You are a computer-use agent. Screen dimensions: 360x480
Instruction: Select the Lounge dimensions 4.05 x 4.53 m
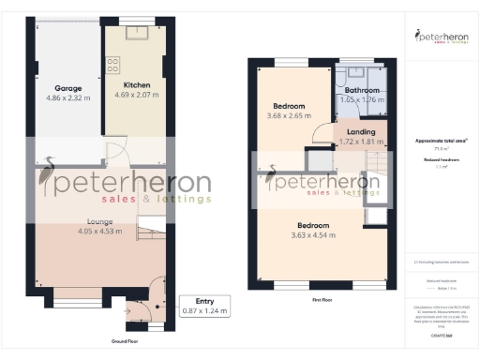tap(100, 231)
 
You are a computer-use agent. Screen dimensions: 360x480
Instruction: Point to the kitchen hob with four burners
tap(112, 65)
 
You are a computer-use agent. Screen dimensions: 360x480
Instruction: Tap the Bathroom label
tap(361, 89)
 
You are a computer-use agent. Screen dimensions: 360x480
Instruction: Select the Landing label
tap(361, 132)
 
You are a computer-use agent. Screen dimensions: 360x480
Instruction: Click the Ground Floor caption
tap(127, 341)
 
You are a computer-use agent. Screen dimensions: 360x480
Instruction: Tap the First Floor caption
tap(322, 300)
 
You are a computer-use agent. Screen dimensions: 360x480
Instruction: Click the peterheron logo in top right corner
tap(442, 37)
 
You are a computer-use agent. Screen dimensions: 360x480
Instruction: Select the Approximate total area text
tap(441, 141)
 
